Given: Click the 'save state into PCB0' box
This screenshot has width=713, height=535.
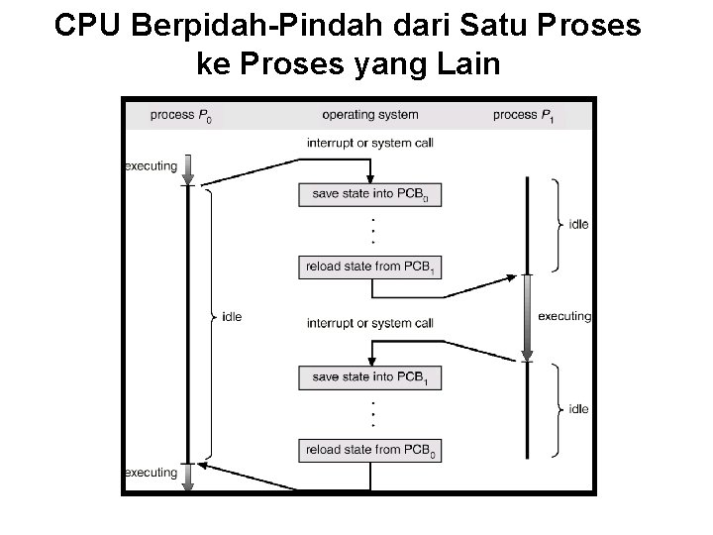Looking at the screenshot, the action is point(370,194).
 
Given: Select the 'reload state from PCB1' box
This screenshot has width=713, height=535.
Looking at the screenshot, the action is point(370,267).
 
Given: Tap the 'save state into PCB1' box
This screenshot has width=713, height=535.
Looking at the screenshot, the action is point(370,377).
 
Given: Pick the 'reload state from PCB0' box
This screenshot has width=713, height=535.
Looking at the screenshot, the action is point(370,450).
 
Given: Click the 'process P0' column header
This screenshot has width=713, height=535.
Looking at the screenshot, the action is point(181,116).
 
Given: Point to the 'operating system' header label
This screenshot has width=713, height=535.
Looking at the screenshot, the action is point(370,116).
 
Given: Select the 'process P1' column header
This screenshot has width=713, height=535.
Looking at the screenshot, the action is point(523,116).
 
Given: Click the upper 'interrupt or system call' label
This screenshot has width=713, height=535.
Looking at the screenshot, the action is point(370,143).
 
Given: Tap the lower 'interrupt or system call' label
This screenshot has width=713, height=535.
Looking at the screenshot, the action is point(370,323).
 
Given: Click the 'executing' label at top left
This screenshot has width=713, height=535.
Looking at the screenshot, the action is point(151,165).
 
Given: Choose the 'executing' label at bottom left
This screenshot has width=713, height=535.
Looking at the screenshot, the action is point(151,473).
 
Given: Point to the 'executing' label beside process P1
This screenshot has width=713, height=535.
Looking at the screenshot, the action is point(563,317).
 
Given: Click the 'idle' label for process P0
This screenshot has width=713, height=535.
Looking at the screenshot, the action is point(232,317).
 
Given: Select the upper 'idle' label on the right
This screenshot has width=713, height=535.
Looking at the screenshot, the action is point(578,225).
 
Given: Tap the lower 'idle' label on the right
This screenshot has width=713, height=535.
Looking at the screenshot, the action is point(578,408).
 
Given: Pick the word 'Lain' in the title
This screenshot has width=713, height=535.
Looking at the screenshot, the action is point(470,64).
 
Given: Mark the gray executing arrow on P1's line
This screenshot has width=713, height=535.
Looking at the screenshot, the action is point(528,317).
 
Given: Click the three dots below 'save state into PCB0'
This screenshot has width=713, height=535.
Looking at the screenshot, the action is point(372,230).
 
